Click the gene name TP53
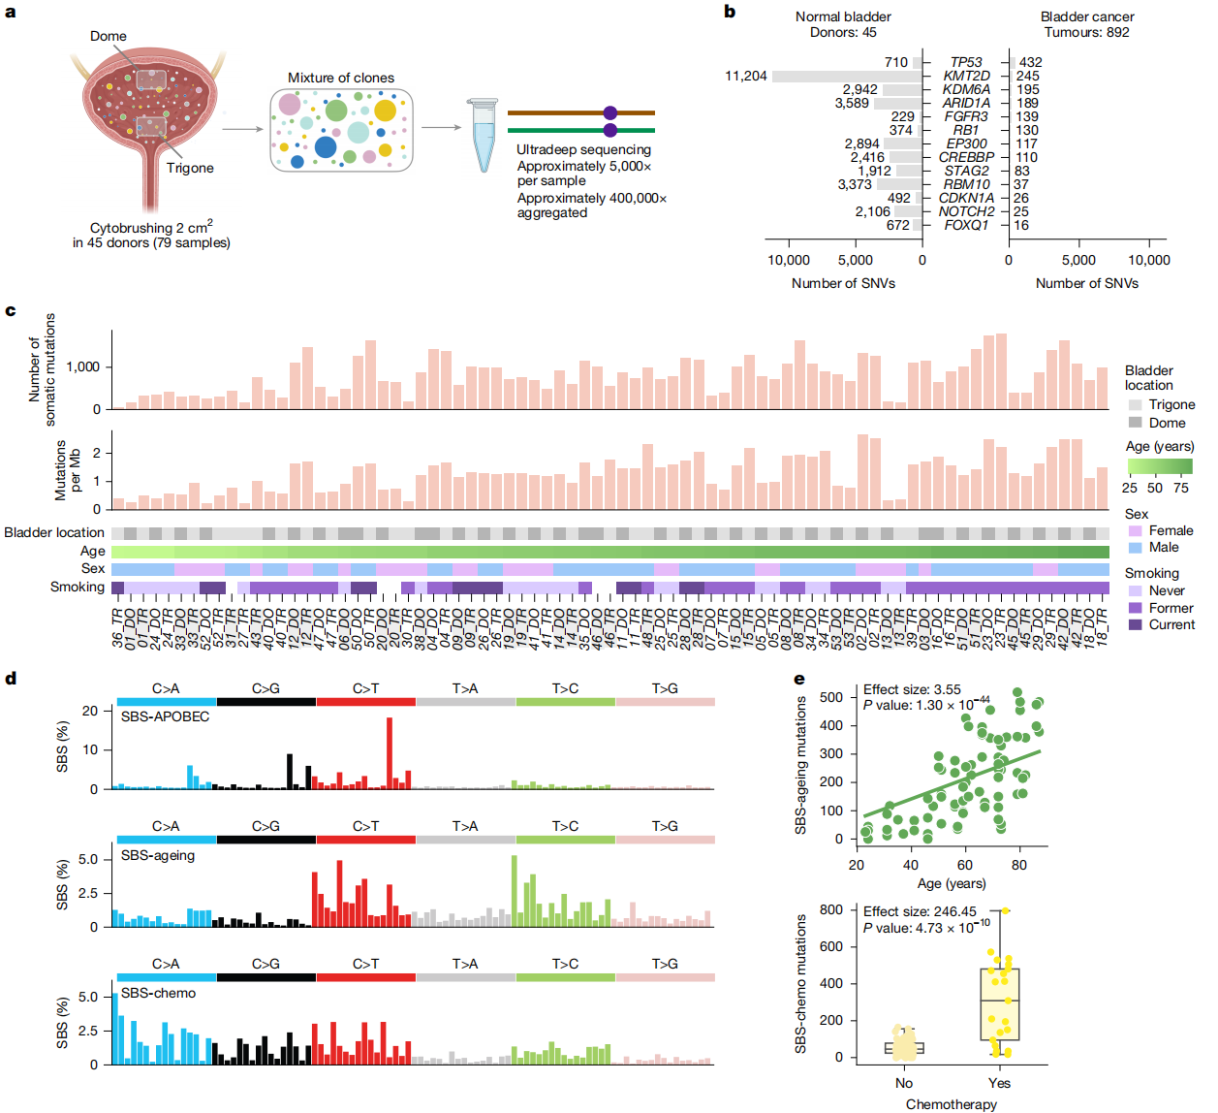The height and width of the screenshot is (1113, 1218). tap(966, 62)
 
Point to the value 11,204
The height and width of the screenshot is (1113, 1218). tap(745, 76)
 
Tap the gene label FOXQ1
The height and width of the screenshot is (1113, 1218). tap(966, 225)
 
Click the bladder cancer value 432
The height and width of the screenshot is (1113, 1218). tap(1030, 62)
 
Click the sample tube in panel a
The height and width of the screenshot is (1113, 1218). tap(483, 135)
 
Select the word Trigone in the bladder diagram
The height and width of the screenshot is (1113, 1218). tap(190, 168)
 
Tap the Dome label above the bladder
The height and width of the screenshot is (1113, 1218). tap(109, 36)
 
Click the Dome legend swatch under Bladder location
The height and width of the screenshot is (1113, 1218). tap(1135, 423)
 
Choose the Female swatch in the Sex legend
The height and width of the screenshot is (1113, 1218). tap(1135, 530)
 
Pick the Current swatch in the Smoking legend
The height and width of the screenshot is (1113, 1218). tap(1135, 624)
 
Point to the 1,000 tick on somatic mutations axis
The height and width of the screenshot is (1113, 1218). tap(82, 366)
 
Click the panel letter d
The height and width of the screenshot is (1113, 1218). tap(11, 678)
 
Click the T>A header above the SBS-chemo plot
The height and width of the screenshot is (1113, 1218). tap(465, 964)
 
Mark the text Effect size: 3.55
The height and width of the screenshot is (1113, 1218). tap(912, 689)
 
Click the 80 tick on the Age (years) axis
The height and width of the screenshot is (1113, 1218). tap(1019, 865)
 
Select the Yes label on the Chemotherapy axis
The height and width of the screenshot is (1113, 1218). tap(999, 1083)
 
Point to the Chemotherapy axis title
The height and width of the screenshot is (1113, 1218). tap(951, 1104)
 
